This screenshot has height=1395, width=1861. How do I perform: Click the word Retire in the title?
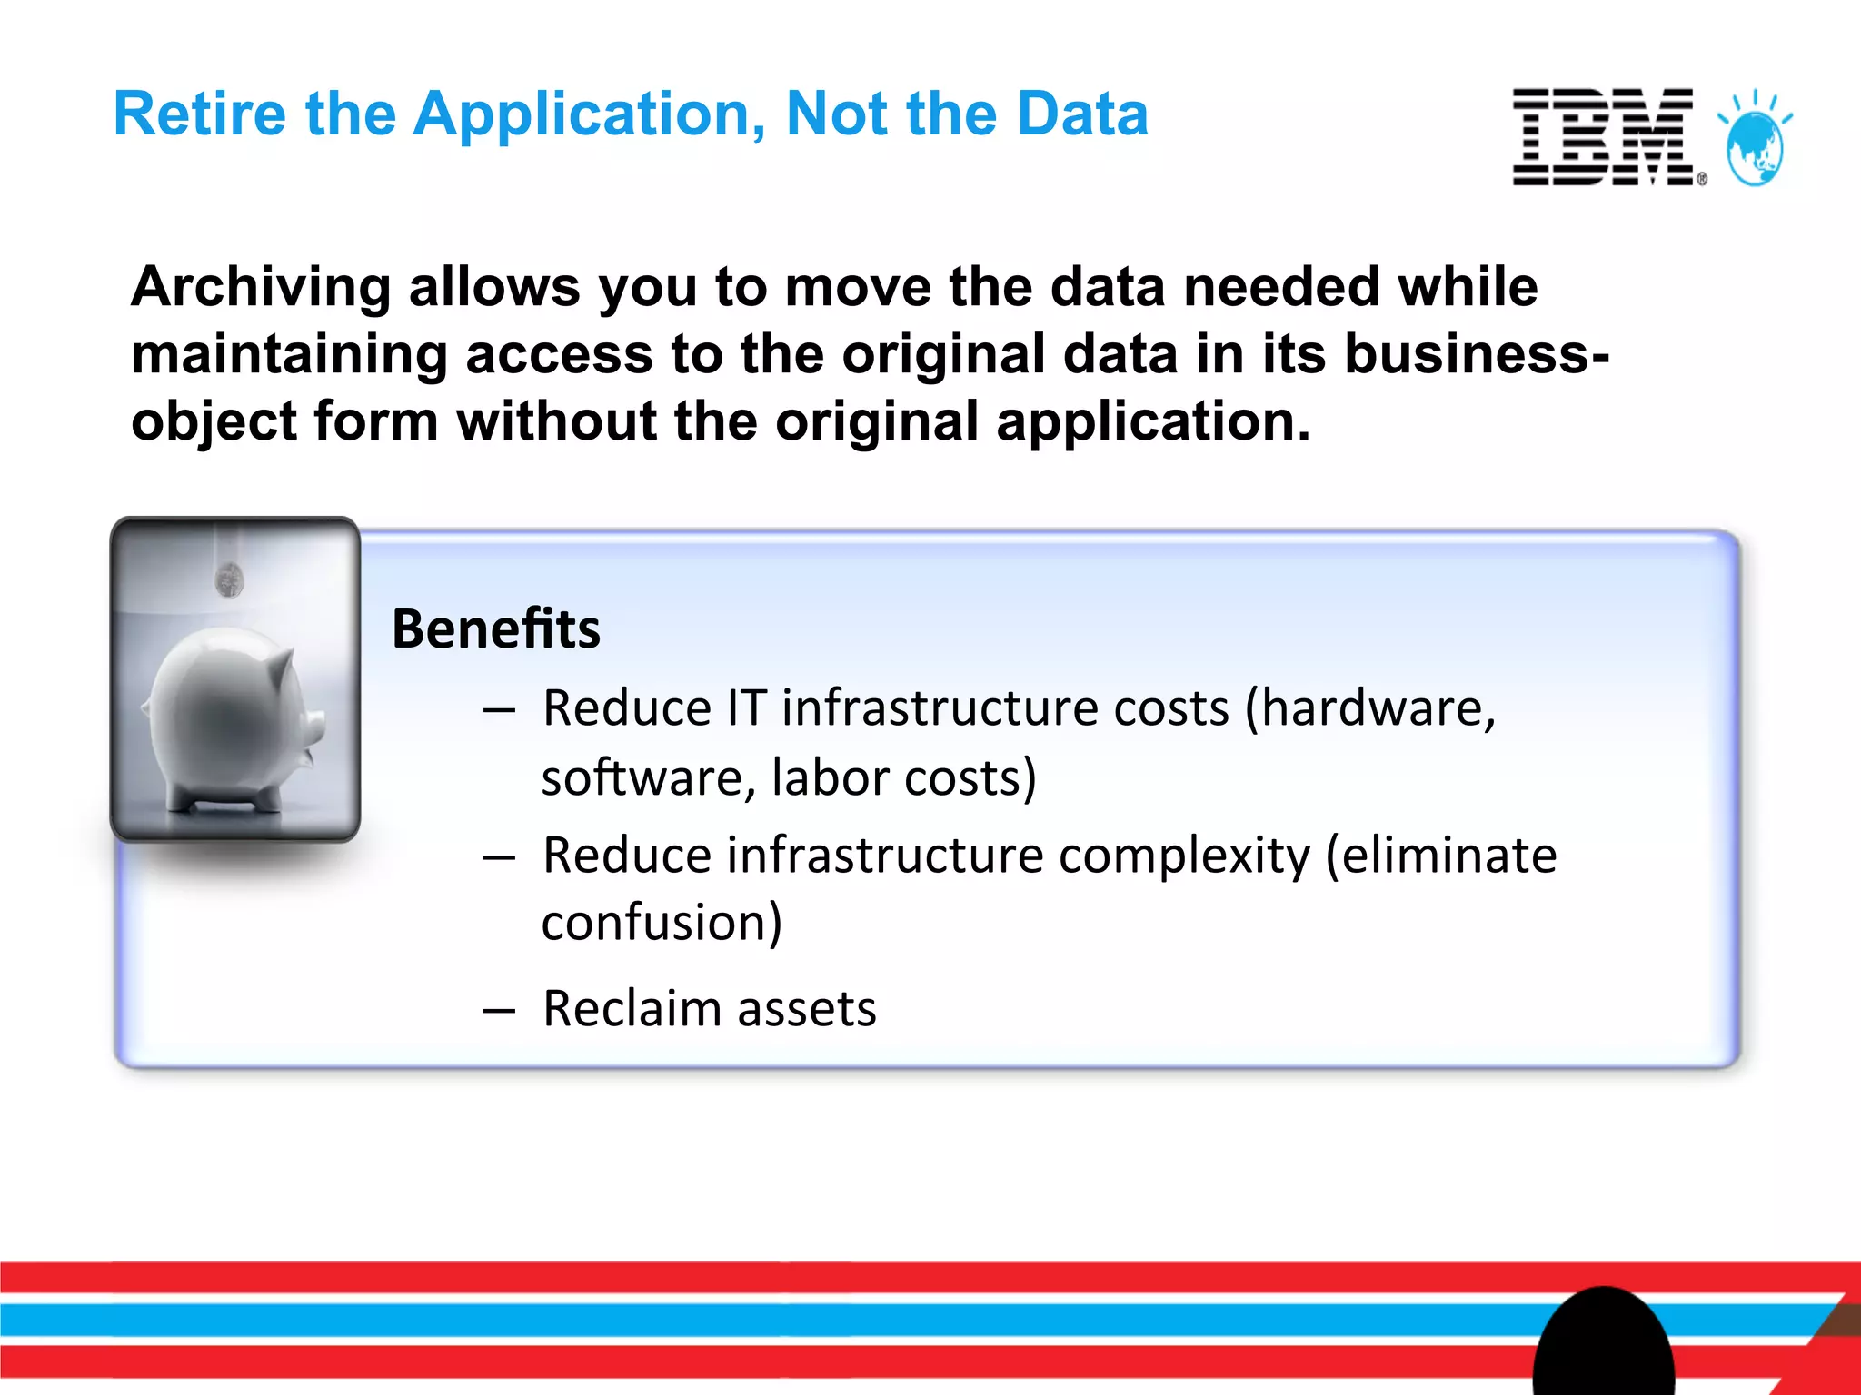tap(199, 114)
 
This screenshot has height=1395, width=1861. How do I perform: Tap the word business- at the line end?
tap(1476, 353)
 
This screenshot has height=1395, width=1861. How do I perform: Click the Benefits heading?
tap(496, 628)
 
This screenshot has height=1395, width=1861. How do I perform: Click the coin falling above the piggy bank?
tap(229, 579)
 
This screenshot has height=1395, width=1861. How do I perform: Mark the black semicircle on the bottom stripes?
tap(1604, 1344)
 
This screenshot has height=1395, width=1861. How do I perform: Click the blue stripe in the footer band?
tap(727, 1320)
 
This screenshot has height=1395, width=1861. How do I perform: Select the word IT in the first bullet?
tap(747, 708)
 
